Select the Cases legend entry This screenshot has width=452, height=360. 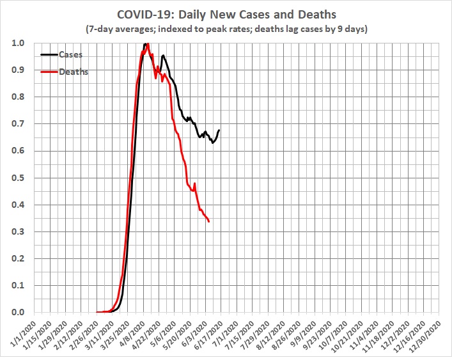[71, 55]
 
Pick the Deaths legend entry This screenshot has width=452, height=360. [74, 72]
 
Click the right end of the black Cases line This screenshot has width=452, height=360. [219, 130]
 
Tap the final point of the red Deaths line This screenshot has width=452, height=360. [210, 221]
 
